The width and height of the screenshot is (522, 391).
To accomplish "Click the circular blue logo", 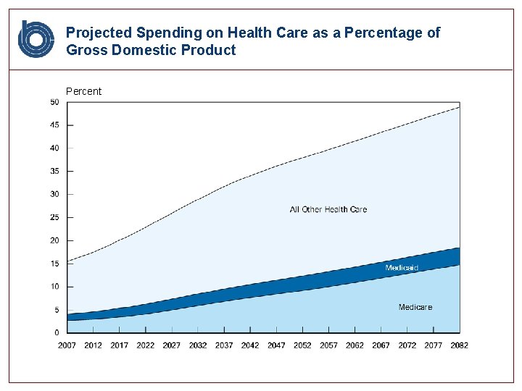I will click(x=36, y=39).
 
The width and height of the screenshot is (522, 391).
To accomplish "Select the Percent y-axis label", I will click(x=83, y=91).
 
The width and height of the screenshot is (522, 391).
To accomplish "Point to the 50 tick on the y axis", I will click(x=54, y=102).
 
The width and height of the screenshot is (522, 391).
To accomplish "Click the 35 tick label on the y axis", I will click(x=54, y=172).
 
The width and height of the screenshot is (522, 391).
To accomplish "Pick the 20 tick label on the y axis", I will click(x=54, y=240).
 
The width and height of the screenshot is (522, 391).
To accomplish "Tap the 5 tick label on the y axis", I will click(x=57, y=310).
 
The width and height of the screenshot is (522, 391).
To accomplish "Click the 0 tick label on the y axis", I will click(x=57, y=332).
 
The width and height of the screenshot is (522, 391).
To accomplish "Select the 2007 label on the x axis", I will click(x=67, y=345).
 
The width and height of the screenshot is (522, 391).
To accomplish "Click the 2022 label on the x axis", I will click(x=145, y=345).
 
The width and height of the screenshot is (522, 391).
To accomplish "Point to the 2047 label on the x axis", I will click(x=276, y=345).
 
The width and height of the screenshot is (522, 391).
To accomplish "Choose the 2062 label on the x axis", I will click(x=355, y=345).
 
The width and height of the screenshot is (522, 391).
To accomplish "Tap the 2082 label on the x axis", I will click(x=459, y=345).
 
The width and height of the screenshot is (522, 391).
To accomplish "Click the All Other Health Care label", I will click(x=328, y=209).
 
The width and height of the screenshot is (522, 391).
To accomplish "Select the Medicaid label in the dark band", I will click(x=402, y=268).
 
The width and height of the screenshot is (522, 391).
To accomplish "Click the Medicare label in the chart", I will click(x=415, y=307).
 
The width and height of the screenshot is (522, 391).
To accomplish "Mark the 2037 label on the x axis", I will click(x=224, y=345).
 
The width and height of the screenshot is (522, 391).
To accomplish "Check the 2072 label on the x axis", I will click(x=407, y=345).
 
